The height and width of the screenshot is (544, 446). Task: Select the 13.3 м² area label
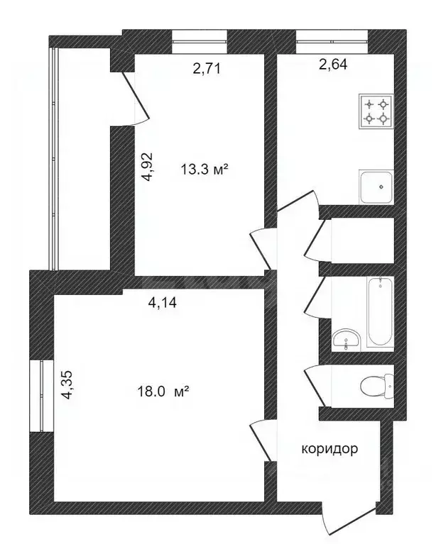pos(205,170)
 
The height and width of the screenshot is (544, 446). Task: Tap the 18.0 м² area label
pos(163,391)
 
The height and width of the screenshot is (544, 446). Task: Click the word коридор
pos(330,449)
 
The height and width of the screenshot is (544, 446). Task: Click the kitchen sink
pos(377,187)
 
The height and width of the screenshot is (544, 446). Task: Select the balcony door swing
pos(135,99)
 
